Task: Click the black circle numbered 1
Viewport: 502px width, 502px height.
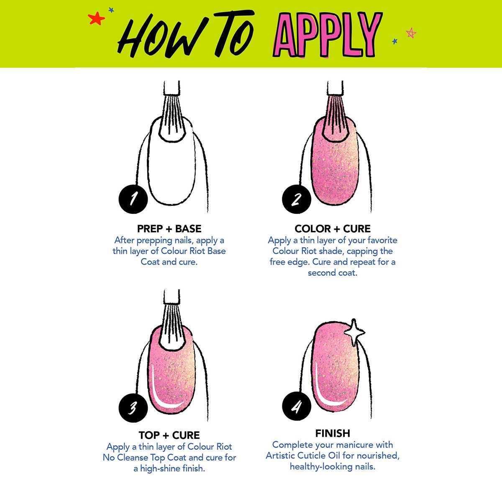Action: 133,199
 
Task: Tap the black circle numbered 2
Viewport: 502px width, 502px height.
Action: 297,199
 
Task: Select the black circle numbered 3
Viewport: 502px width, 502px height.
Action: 133,407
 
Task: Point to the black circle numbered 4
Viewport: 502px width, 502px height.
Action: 297,406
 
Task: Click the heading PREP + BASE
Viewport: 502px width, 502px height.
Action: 169,229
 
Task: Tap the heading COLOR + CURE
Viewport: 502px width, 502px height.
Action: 333,229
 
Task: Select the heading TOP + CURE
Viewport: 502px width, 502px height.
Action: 169,435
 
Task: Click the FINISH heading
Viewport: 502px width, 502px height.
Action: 333,433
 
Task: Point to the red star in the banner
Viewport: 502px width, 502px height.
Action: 96,18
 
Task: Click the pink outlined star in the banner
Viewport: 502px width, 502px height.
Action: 411,33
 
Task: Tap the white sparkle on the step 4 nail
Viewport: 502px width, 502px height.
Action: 354,333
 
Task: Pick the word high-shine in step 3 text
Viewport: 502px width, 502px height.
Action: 160,469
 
